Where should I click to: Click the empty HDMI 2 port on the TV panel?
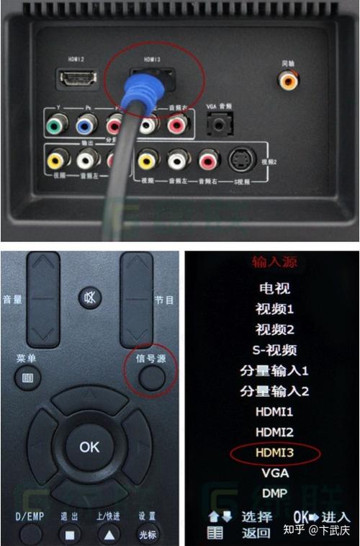click(77, 78)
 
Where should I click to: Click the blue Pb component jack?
click(86, 126)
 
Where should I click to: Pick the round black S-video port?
click(240, 159)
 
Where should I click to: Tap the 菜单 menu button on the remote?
click(27, 376)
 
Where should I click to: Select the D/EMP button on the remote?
click(30, 534)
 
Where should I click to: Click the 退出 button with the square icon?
click(70, 534)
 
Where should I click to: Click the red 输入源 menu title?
click(274, 262)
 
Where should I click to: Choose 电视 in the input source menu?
click(274, 288)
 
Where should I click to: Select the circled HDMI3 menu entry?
click(274, 453)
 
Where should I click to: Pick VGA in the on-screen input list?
click(274, 474)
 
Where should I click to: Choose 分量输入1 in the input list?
click(274, 371)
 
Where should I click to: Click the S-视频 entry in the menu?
click(274, 350)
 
